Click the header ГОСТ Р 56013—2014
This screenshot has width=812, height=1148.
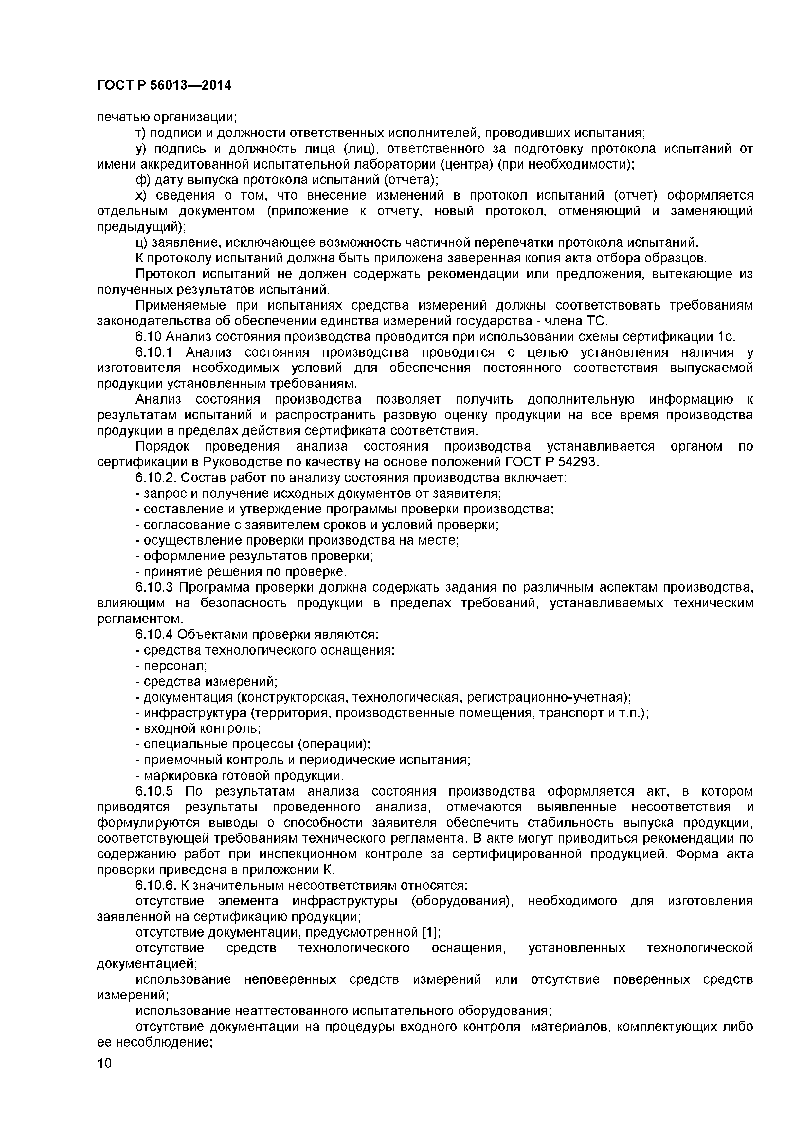point(164,85)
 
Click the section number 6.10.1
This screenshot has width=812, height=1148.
point(154,352)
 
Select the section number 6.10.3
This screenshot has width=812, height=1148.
point(154,587)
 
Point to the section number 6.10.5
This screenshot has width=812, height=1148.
point(154,792)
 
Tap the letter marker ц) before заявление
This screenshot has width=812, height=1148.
point(142,242)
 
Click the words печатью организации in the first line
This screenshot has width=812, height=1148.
point(167,117)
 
